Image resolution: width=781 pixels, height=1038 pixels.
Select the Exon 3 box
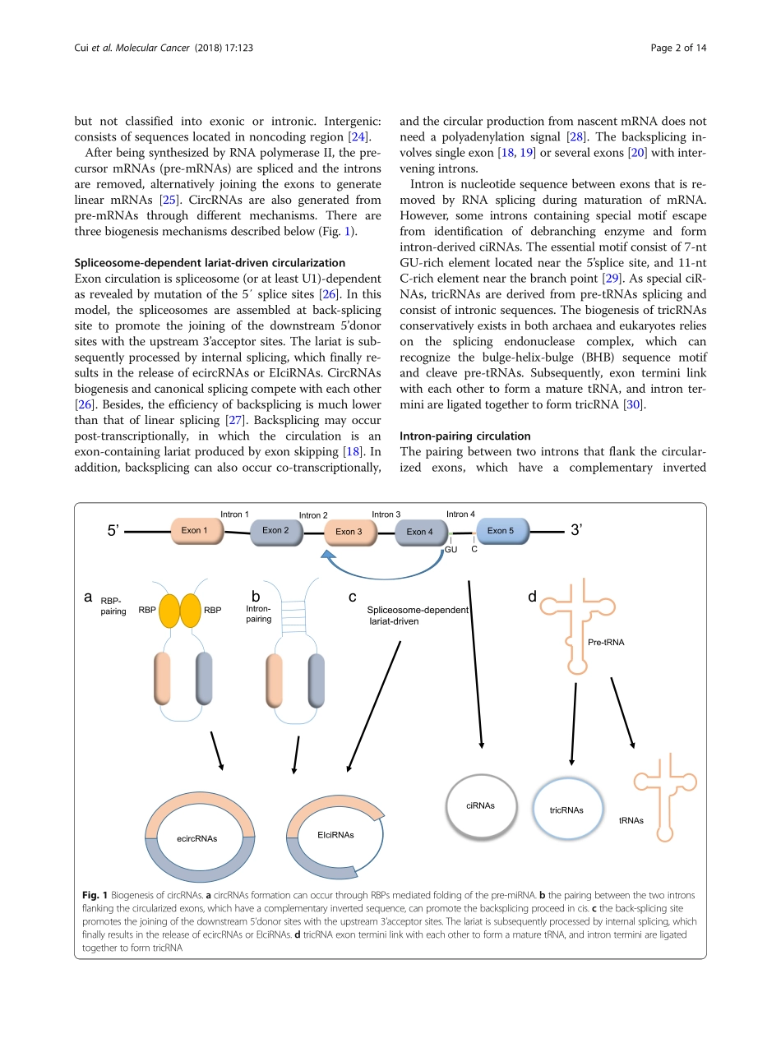click(349, 532)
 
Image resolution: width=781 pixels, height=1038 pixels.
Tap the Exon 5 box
click(501, 531)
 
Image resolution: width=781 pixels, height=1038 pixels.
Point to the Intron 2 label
click(313, 515)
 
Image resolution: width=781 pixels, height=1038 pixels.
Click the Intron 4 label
click(460, 514)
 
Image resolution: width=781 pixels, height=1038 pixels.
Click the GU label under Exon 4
click(451, 549)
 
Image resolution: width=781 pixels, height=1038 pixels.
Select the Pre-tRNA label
click(606, 642)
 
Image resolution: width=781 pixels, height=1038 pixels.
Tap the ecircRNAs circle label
click(197, 838)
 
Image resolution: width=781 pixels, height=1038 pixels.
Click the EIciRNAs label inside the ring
click(335, 834)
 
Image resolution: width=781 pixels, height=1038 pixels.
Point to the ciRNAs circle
click(480, 805)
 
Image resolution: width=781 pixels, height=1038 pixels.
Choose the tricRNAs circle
click(566, 810)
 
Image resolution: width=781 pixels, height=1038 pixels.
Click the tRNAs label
click(631, 820)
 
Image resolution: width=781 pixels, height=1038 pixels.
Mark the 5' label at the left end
click(113, 531)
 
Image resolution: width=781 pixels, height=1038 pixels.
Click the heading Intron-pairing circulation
click(464, 436)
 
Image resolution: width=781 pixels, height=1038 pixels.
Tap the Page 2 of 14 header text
click(678, 48)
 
